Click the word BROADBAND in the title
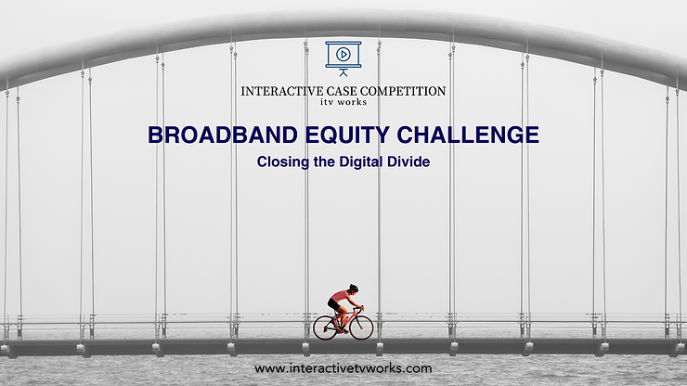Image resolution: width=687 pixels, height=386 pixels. pyautogui.click(x=223, y=135)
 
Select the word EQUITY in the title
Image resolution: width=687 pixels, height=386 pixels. pyautogui.click(x=347, y=135)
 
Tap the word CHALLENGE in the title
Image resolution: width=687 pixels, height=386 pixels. pyautogui.click(x=468, y=135)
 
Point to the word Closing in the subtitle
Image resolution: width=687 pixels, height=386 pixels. pyautogui.click(x=283, y=162)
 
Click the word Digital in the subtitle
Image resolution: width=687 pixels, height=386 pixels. pyautogui.click(x=361, y=162)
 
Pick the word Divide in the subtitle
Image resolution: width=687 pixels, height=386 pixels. pyautogui.click(x=408, y=161)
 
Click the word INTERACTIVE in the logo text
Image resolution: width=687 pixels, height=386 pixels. pyautogui.click(x=281, y=91)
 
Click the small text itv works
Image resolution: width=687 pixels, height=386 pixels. pyautogui.click(x=343, y=102)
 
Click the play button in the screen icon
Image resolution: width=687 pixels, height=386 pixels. pyautogui.click(x=343, y=55)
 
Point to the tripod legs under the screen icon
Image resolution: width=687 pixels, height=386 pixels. pyautogui.click(x=343, y=72)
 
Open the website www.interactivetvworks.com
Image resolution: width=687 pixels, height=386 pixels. pyautogui.click(x=343, y=368)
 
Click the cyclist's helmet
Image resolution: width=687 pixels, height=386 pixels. pyautogui.click(x=353, y=289)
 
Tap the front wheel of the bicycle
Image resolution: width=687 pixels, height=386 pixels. pyautogui.click(x=361, y=328)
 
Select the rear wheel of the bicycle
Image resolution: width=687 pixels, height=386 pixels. pyautogui.click(x=325, y=328)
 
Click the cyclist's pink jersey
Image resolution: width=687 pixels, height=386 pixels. pyautogui.click(x=341, y=296)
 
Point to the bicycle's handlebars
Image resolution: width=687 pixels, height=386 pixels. pyautogui.click(x=359, y=310)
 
